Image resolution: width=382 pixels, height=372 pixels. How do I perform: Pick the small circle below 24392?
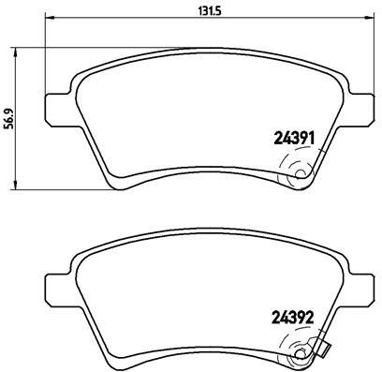pyautogui.click(x=301, y=352)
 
